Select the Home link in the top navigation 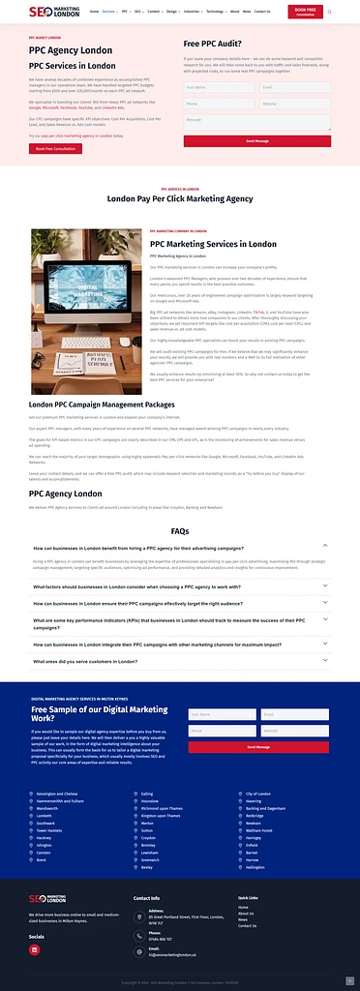94,12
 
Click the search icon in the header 329,12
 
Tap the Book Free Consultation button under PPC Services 54,149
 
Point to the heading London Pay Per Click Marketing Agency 179,199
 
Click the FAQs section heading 179,531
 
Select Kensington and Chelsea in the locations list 56,794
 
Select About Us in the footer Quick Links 246,914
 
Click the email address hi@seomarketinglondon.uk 173,954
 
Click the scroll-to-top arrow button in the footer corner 348,979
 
